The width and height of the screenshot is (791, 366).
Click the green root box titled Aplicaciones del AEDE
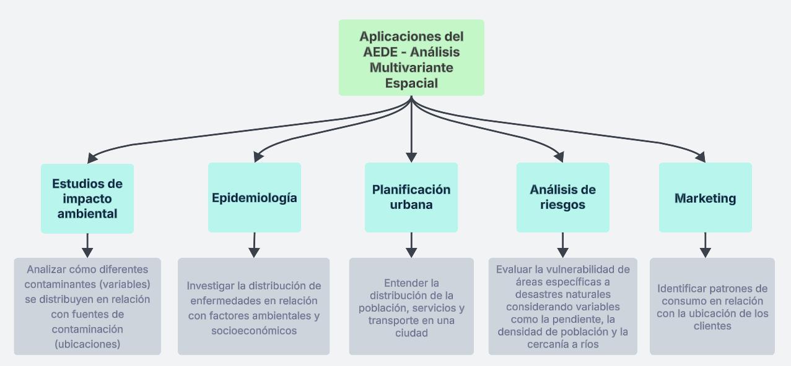click(x=411, y=57)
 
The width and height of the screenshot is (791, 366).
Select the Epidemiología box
click(x=255, y=198)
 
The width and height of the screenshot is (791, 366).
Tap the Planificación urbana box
click(x=411, y=197)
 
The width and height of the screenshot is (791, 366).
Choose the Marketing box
click(x=705, y=198)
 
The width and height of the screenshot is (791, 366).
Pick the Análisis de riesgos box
click(x=562, y=197)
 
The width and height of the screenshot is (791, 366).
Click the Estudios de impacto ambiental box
click(x=87, y=198)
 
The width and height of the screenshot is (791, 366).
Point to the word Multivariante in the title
click(x=411, y=67)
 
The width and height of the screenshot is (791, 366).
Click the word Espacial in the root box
click(x=411, y=83)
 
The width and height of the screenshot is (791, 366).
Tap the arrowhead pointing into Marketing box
click(x=701, y=157)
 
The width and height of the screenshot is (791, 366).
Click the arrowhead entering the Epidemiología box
click(x=260, y=157)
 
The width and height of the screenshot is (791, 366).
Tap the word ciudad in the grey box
click(x=411, y=333)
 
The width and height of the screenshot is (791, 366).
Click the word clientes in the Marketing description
click(x=712, y=326)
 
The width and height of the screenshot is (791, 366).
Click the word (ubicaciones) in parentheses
click(x=87, y=344)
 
